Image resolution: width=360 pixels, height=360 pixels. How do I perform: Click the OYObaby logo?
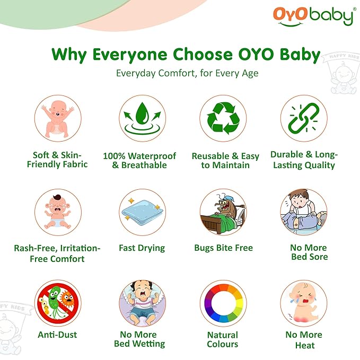(x=313, y=15)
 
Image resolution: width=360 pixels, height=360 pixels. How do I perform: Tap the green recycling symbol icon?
(x=223, y=118)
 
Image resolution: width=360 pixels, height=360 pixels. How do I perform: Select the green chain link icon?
(x=304, y=118)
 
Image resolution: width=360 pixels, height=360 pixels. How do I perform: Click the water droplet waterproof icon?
(x=142, y=118)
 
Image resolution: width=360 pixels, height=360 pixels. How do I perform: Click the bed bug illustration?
(x=223, y=213)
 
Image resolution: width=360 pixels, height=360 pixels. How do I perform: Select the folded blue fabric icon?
(x=142, y=213)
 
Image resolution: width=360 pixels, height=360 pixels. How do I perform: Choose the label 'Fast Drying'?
(x=142, y=248)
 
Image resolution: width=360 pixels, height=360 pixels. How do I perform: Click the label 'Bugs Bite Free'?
(x=223, y=248)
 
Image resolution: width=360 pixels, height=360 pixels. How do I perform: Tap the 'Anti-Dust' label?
(x=57, y=335)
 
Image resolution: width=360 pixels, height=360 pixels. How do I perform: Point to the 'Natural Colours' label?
(x=223, y=339)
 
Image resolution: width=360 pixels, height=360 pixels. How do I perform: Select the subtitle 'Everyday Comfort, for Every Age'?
(x=187, y=73)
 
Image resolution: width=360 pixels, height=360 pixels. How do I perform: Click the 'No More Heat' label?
(x=304, y=339)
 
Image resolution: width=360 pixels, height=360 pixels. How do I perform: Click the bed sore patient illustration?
(x=304, y=213)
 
